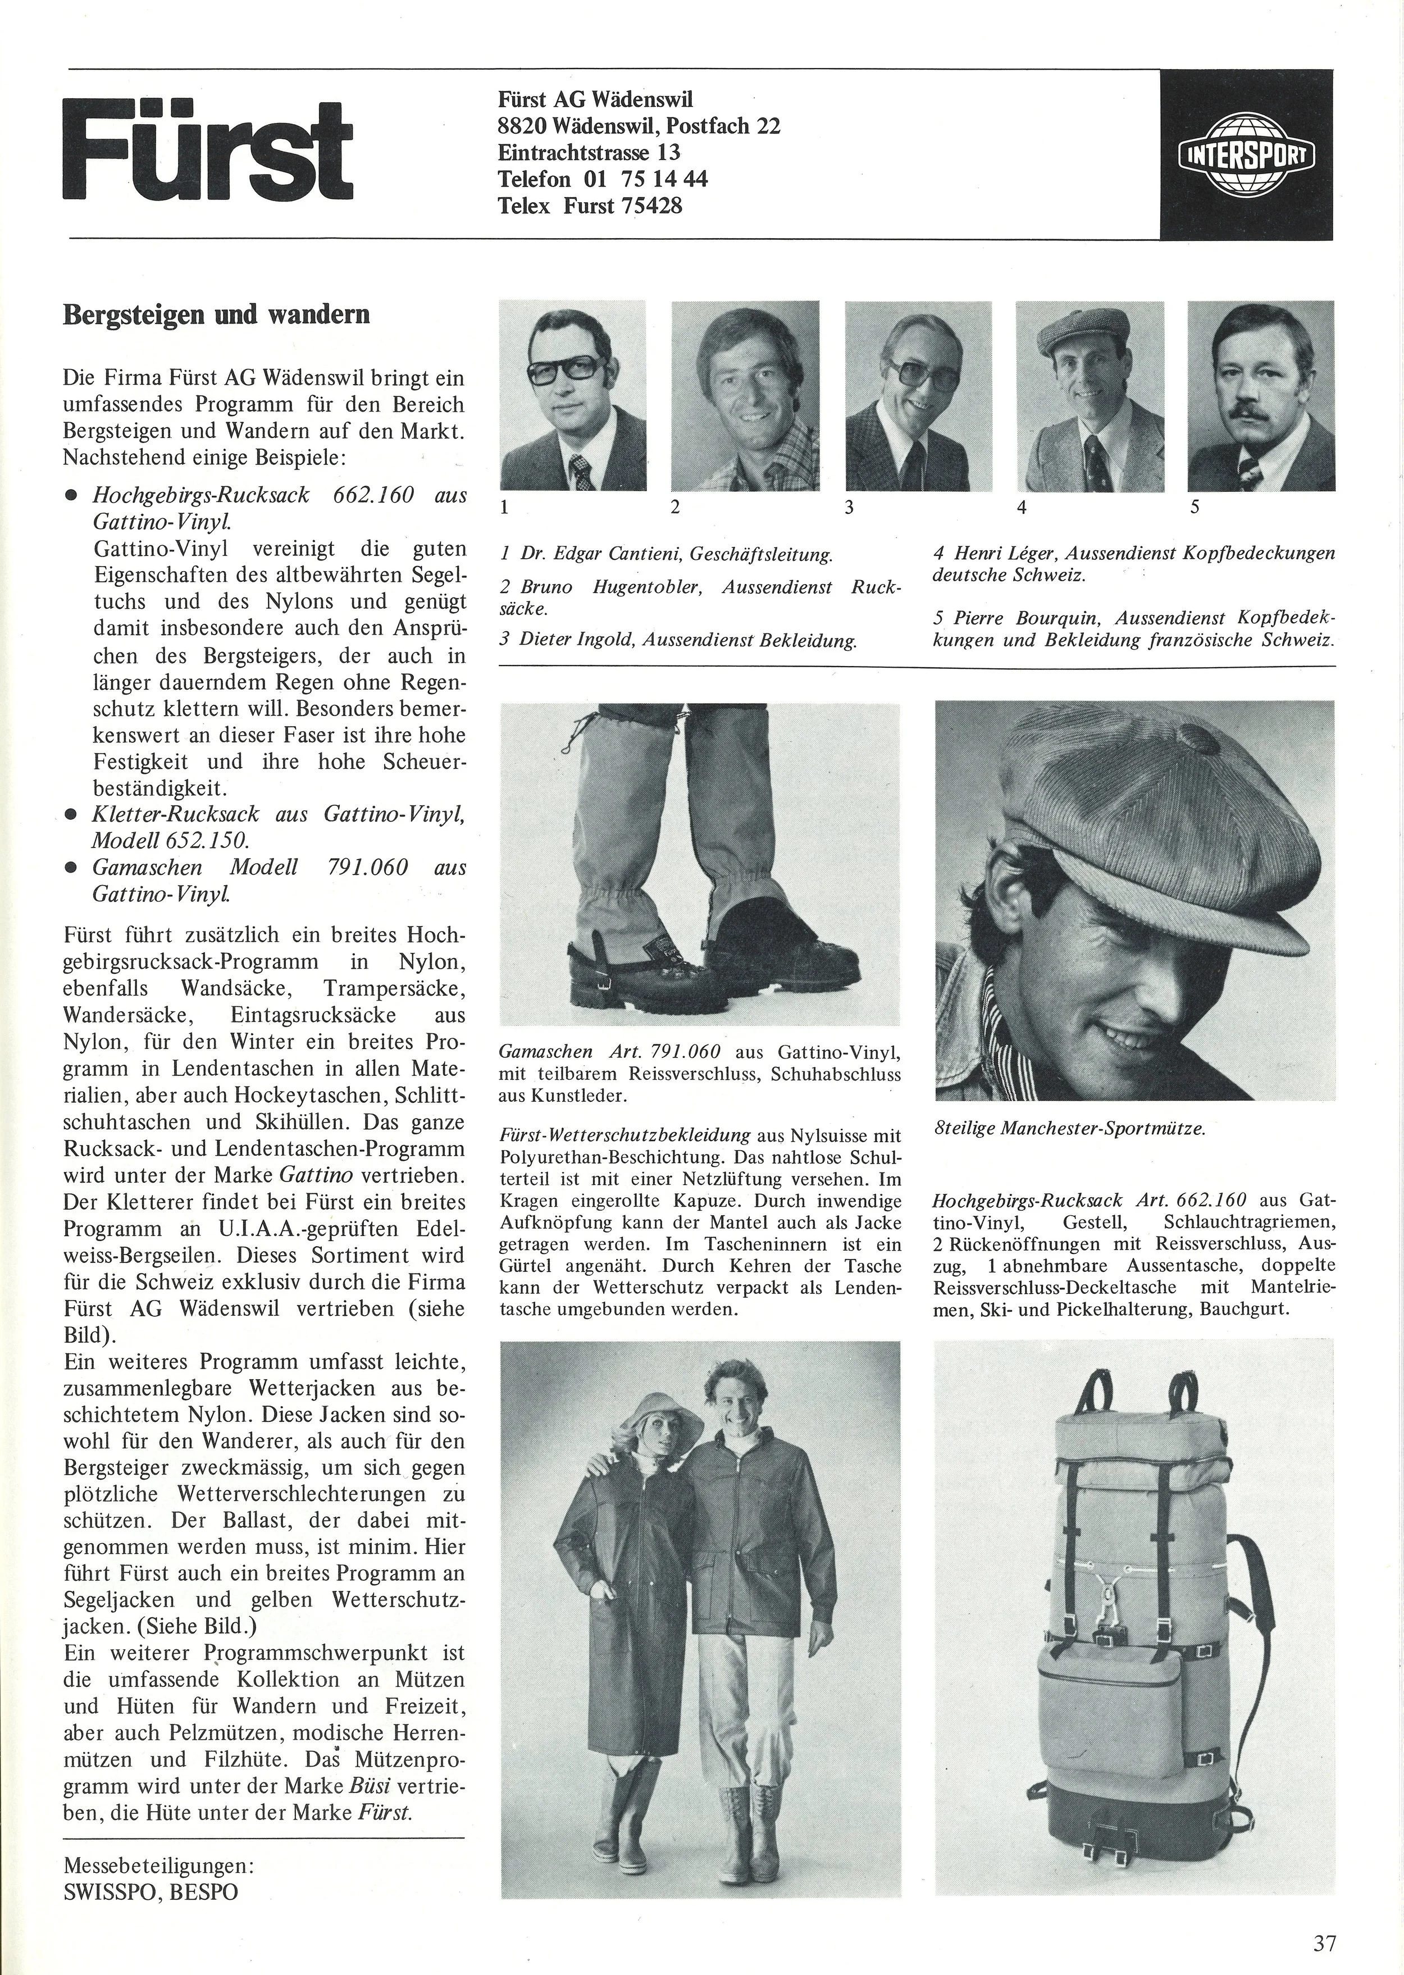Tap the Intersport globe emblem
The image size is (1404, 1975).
pos(1246,156)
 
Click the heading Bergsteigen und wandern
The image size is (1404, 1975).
pos(217,314)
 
